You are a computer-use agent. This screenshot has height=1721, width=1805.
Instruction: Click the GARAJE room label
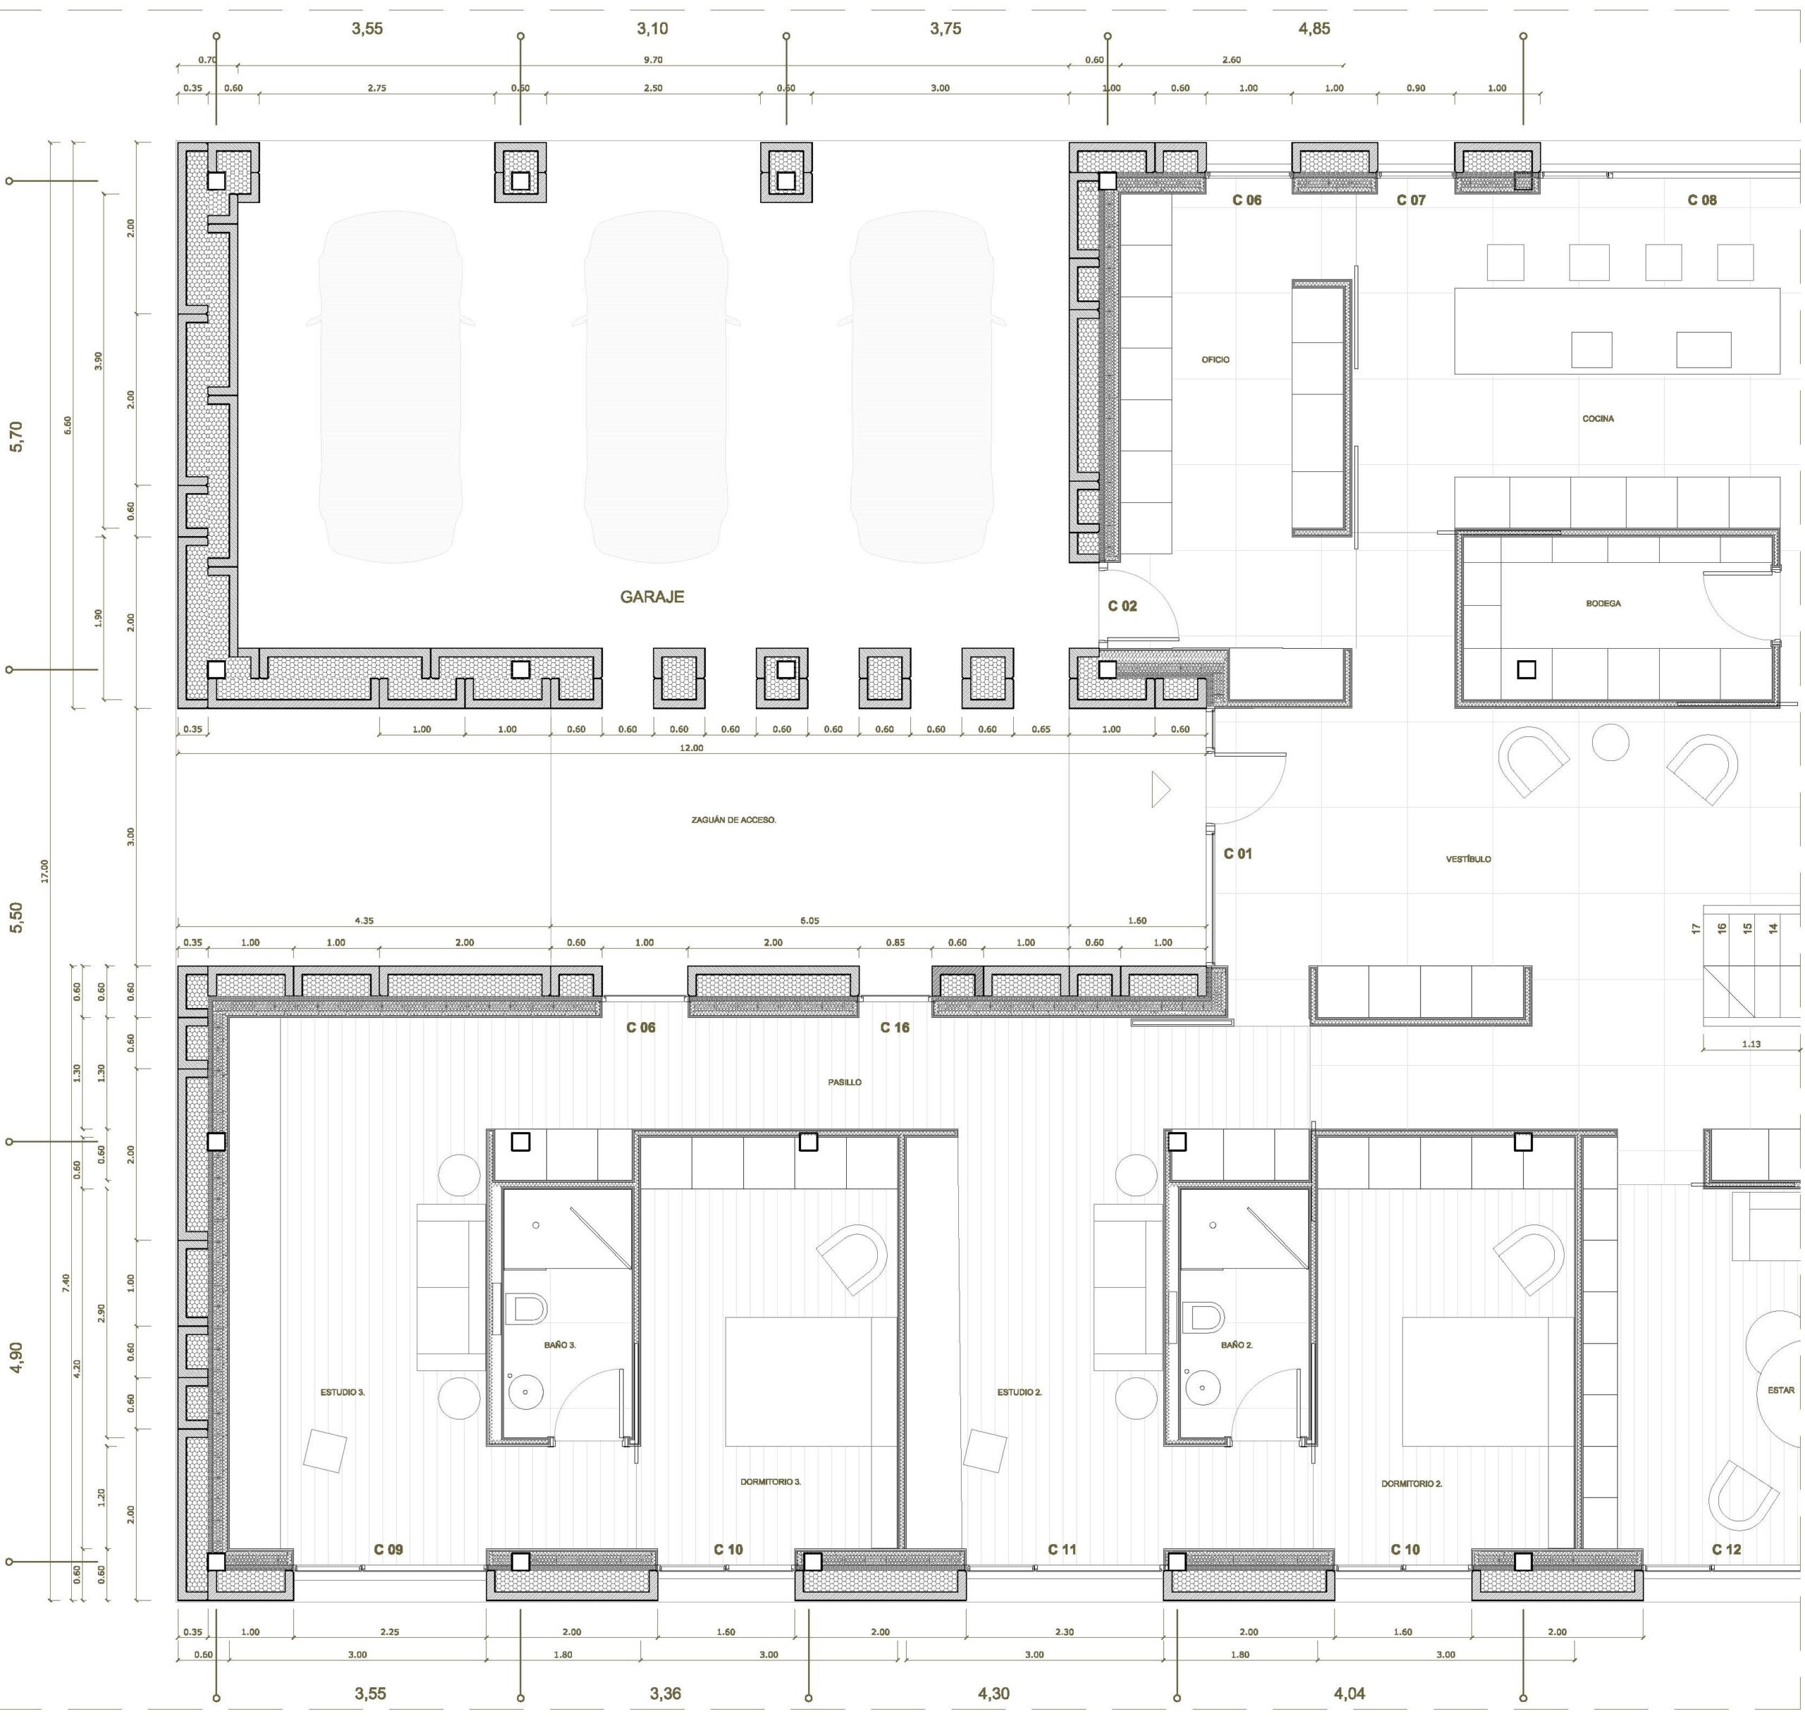tap(651, 596)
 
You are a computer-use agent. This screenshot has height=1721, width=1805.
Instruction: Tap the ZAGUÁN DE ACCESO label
tap(734, 819)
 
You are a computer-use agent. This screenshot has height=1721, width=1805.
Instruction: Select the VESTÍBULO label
tap(1467, 858)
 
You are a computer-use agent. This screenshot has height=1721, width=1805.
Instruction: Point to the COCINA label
tap(1598, 418)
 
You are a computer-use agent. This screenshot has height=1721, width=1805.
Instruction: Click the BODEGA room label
tap(1603, 604)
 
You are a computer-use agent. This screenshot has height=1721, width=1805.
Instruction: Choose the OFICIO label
tap(1216, 360)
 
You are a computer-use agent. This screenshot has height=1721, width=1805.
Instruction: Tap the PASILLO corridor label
tap(845, 1081)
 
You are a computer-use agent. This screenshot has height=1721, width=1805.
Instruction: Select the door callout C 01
tap(1237, 853)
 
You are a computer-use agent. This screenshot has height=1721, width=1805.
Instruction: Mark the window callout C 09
tap(388, 1550)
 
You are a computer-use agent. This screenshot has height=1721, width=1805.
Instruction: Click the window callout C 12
tap(1726, 1550)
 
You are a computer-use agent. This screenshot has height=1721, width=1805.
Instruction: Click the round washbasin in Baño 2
tap(1201, 1389)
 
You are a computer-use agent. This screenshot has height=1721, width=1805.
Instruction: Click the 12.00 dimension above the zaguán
tap(691, 748)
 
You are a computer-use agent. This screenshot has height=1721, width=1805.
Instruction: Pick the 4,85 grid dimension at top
tap(1314, 28)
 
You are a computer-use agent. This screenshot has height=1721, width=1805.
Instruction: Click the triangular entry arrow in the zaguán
tap(1161, 790)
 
